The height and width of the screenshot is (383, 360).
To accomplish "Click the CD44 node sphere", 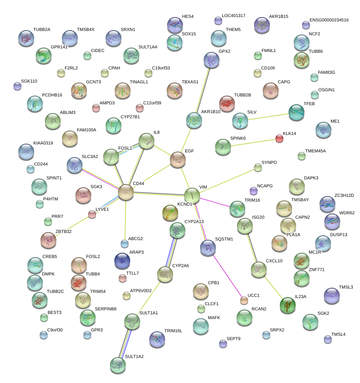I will pos(126,192).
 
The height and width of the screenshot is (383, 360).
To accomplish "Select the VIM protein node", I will pos(192,195).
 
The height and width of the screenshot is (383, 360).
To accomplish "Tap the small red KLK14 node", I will pos(279,139).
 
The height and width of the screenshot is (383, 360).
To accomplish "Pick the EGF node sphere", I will pos(178,159).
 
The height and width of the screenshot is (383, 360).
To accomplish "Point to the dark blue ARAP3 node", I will pos(122,261).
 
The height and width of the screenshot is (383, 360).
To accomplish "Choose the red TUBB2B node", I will pos(227,104).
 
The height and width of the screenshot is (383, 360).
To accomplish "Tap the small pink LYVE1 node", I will pos(92,215).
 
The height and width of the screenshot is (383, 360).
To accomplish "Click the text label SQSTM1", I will pos(224,239).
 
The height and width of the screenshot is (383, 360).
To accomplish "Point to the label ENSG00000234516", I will pos(329,20).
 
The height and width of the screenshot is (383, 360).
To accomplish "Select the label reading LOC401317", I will pos(234,16).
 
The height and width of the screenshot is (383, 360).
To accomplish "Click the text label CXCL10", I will pos(274,261).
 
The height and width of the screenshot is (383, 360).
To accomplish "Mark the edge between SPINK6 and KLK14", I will pos(254,142).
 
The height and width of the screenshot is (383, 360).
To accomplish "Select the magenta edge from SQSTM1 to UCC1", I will pos(227,274).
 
